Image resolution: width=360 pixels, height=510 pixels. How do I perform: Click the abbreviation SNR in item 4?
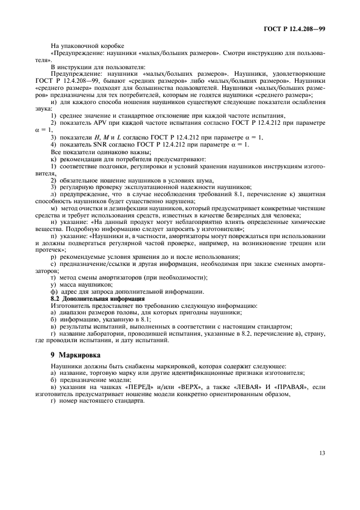point(92,144)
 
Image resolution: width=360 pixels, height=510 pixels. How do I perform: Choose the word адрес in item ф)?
point(69,292)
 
